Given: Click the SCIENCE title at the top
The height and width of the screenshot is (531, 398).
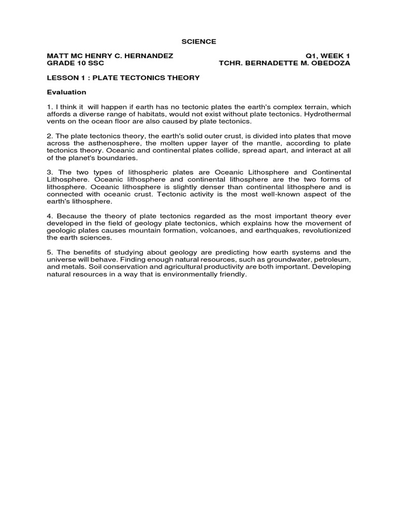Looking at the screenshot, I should pyautogui.click(x=198, y=41).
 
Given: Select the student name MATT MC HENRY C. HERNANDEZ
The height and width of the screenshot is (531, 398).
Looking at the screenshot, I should pyautogui.click(x=110, y=55).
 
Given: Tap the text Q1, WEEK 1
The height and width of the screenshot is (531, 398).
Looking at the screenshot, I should pyautogui.click(x=330, y=55).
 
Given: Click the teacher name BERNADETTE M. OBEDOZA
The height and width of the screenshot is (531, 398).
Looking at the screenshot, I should pyautogui.click(x=298, y=63).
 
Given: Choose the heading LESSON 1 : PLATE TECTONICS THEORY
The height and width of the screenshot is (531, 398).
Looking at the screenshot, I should pyautogui.click(x=123, y=78).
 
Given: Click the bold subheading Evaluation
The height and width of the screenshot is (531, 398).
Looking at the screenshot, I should pyautogui.click(x=66, y=92).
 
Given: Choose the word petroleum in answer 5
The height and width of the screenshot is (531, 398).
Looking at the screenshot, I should pyautogui.click(x=332, y=259).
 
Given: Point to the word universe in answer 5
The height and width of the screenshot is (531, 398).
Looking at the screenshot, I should pyautogui.click(x=62, y=259).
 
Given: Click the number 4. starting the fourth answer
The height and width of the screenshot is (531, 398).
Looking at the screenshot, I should pyautogui.click(x=50, y=216).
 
